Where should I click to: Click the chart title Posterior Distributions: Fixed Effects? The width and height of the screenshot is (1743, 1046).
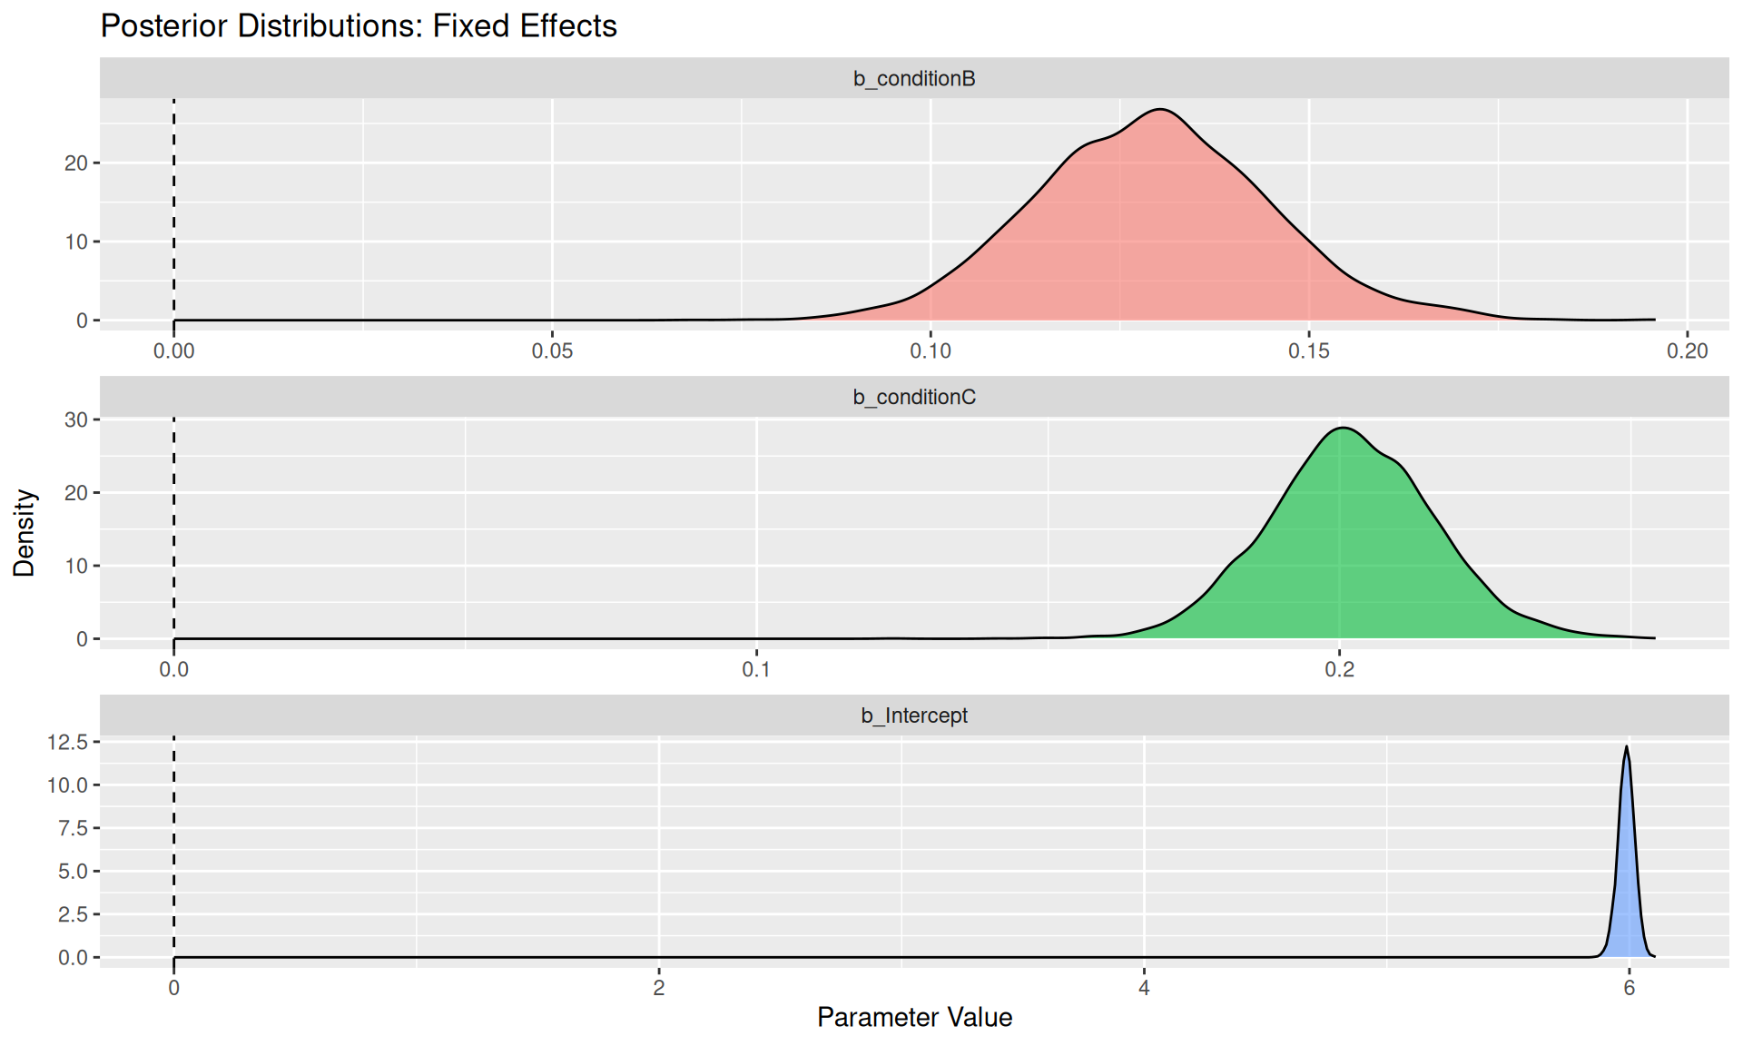point(359,26)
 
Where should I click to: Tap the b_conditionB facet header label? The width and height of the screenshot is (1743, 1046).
point(914,79)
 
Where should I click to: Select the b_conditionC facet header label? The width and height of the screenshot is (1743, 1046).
point(914,398)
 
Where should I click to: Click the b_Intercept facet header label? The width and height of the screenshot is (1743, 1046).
point(914,716)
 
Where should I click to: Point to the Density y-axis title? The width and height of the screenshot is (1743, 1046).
point(25,533)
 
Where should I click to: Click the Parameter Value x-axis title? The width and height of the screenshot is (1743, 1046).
point(914,1018)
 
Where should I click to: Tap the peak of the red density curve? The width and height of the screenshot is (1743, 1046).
point(1160,110)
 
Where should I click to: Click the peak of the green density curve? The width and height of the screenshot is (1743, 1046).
point(1343,428)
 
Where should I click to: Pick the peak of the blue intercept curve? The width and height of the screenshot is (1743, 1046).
point(1627,747)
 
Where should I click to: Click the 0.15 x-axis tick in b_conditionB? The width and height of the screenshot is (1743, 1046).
point(1308,351)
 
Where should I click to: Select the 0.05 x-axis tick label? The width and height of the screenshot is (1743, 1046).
point(552,351)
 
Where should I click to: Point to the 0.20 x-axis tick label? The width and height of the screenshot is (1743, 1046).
point(1687,351)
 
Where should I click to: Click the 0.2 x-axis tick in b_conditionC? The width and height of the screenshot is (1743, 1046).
point(1339,670)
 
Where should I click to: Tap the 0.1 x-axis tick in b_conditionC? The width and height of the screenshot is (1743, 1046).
point(756,670)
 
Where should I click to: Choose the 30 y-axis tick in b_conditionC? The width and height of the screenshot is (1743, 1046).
point(76,419)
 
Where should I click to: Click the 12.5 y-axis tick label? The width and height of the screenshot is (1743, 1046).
point(68,743)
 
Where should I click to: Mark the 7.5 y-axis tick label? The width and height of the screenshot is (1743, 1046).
point(74,828)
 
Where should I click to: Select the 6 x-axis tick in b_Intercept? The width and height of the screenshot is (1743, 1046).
point(1629,989)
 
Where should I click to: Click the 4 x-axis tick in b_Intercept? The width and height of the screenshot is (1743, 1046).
point(1144,989)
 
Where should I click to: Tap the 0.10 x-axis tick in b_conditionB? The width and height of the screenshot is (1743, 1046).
point(931,351)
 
